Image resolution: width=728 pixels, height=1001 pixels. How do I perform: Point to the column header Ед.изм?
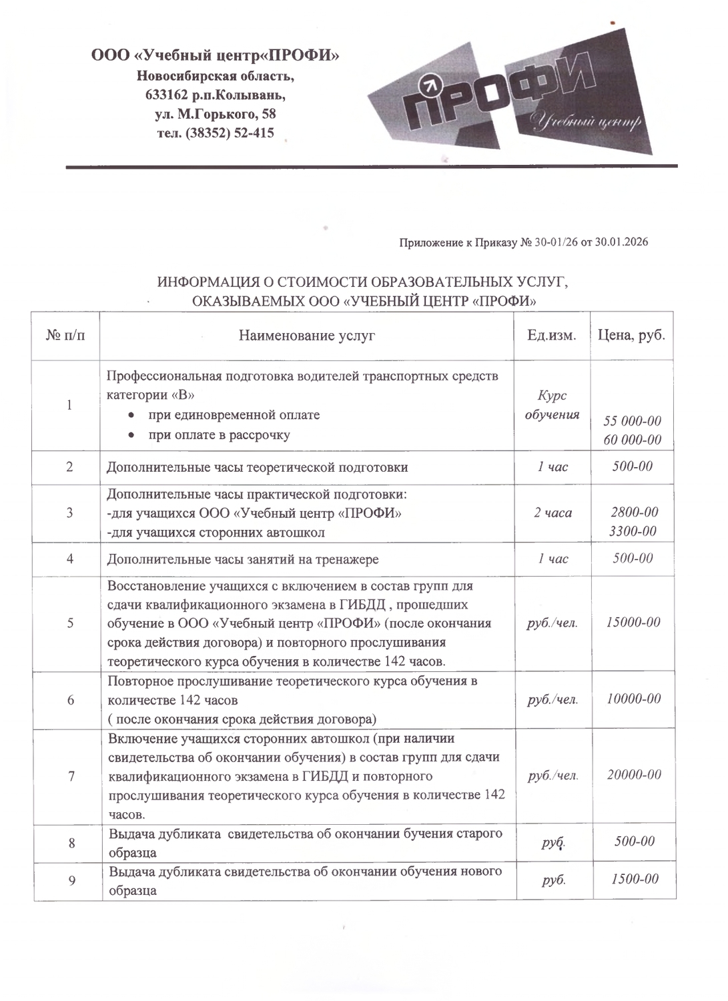pos(551,335)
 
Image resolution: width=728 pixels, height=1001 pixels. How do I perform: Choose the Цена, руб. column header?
pos(631,335)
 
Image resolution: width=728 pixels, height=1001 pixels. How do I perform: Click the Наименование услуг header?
pos(307,335)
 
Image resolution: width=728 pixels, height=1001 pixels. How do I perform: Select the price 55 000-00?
pos(632,421)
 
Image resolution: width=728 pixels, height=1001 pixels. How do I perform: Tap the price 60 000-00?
pos(632,440)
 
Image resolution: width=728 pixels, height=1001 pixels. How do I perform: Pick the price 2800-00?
pos(634,512)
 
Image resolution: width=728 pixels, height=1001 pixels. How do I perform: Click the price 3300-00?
pos(633,531)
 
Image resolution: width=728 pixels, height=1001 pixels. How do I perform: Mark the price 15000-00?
pos(633,622)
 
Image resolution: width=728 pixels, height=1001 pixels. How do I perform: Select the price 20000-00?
pos(634,775)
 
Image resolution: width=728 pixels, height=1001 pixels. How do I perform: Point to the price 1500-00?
pos(635,879)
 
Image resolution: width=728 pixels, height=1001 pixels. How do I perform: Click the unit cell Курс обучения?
pos(552,405)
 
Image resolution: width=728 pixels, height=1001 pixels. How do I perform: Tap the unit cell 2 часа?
pos(553,513)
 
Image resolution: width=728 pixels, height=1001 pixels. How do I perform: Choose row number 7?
pos(70,775)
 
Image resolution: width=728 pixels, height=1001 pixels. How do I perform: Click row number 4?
pos(70,559)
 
